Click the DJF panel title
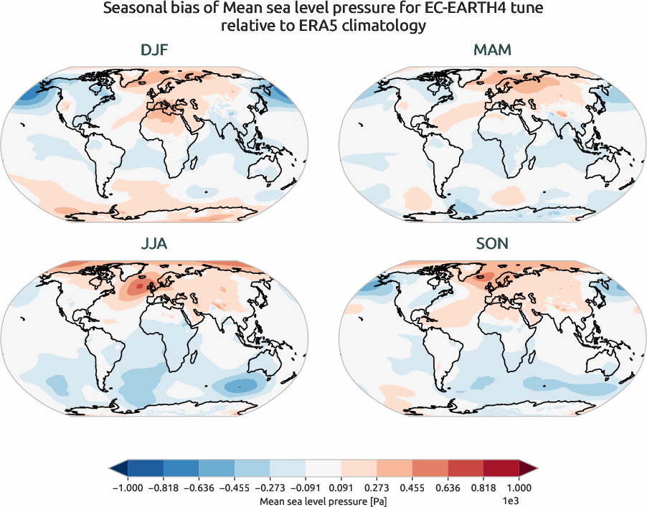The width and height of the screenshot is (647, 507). click(x=154, y=51)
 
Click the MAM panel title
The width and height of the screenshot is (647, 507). click(x=492, y=51)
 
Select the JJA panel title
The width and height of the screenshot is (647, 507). click(x=154, y=244)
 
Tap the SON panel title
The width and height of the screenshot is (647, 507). click(x=492, y=244)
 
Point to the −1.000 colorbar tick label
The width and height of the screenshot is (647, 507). click(x=128, y=488)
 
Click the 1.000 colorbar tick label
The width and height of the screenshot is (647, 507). click(x=519, y=488)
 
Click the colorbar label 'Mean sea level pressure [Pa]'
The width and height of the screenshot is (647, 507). click(x=323, y=499)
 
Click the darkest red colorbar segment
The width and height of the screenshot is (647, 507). click(x=501, y=470)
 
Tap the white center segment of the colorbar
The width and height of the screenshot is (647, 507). click(x=323, y=470)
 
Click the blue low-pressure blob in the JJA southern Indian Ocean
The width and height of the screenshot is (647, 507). click(x=240, y=386)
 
